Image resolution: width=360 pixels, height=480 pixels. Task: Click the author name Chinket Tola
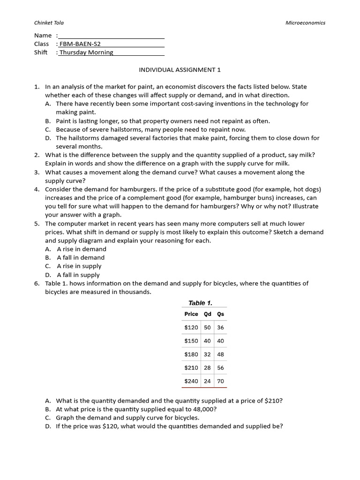click(49, 22)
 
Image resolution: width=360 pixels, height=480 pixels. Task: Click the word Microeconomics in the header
click(305, 22)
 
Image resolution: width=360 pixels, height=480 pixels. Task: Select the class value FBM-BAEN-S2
click(80, 44)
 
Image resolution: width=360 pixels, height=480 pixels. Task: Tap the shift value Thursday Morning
click(86, 52)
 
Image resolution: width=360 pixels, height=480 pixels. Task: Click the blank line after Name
click(111, 36)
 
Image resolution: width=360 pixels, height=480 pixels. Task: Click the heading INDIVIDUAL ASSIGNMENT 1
click(180, 69)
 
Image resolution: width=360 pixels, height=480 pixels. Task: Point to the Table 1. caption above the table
click(200, 303)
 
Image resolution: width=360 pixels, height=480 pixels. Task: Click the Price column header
click(191, 314)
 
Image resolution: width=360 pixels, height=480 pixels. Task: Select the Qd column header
click(208, 314)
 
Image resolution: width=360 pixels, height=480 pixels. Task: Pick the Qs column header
click(220, 314)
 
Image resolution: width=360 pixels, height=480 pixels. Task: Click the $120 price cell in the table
click(191, 328)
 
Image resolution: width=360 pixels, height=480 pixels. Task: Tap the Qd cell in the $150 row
click(208, 341)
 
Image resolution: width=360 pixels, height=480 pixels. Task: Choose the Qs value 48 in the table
click(220, 354)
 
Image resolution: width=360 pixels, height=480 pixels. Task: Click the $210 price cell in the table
click(191, 368)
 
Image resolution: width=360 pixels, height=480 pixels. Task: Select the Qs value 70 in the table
click(220, 381)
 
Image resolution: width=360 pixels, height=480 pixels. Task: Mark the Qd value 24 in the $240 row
click(208, 381)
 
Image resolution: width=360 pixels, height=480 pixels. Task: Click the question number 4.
click(37, 189)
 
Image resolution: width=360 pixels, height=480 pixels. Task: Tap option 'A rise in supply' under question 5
click(79, 266)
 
